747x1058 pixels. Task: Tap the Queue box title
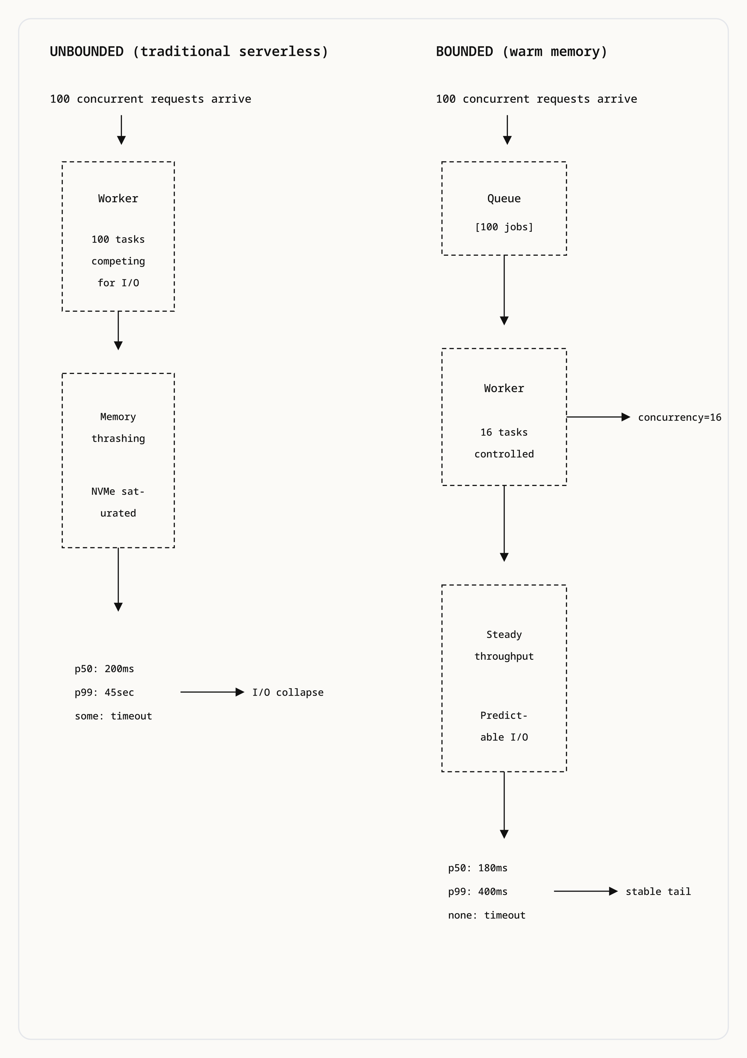point(504,199)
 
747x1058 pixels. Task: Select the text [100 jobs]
point(504,227)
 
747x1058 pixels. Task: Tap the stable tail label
point(658,891)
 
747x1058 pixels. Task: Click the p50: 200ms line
point(104,668)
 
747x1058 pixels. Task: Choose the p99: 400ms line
point(477,891)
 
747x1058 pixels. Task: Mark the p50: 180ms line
point(477,868)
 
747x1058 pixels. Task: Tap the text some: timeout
point(113,716)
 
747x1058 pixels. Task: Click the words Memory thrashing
point(118,428)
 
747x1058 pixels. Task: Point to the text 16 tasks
point(504,432)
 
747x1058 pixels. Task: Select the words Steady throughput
point(504,645)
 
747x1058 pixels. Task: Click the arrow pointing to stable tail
point(585,891)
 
